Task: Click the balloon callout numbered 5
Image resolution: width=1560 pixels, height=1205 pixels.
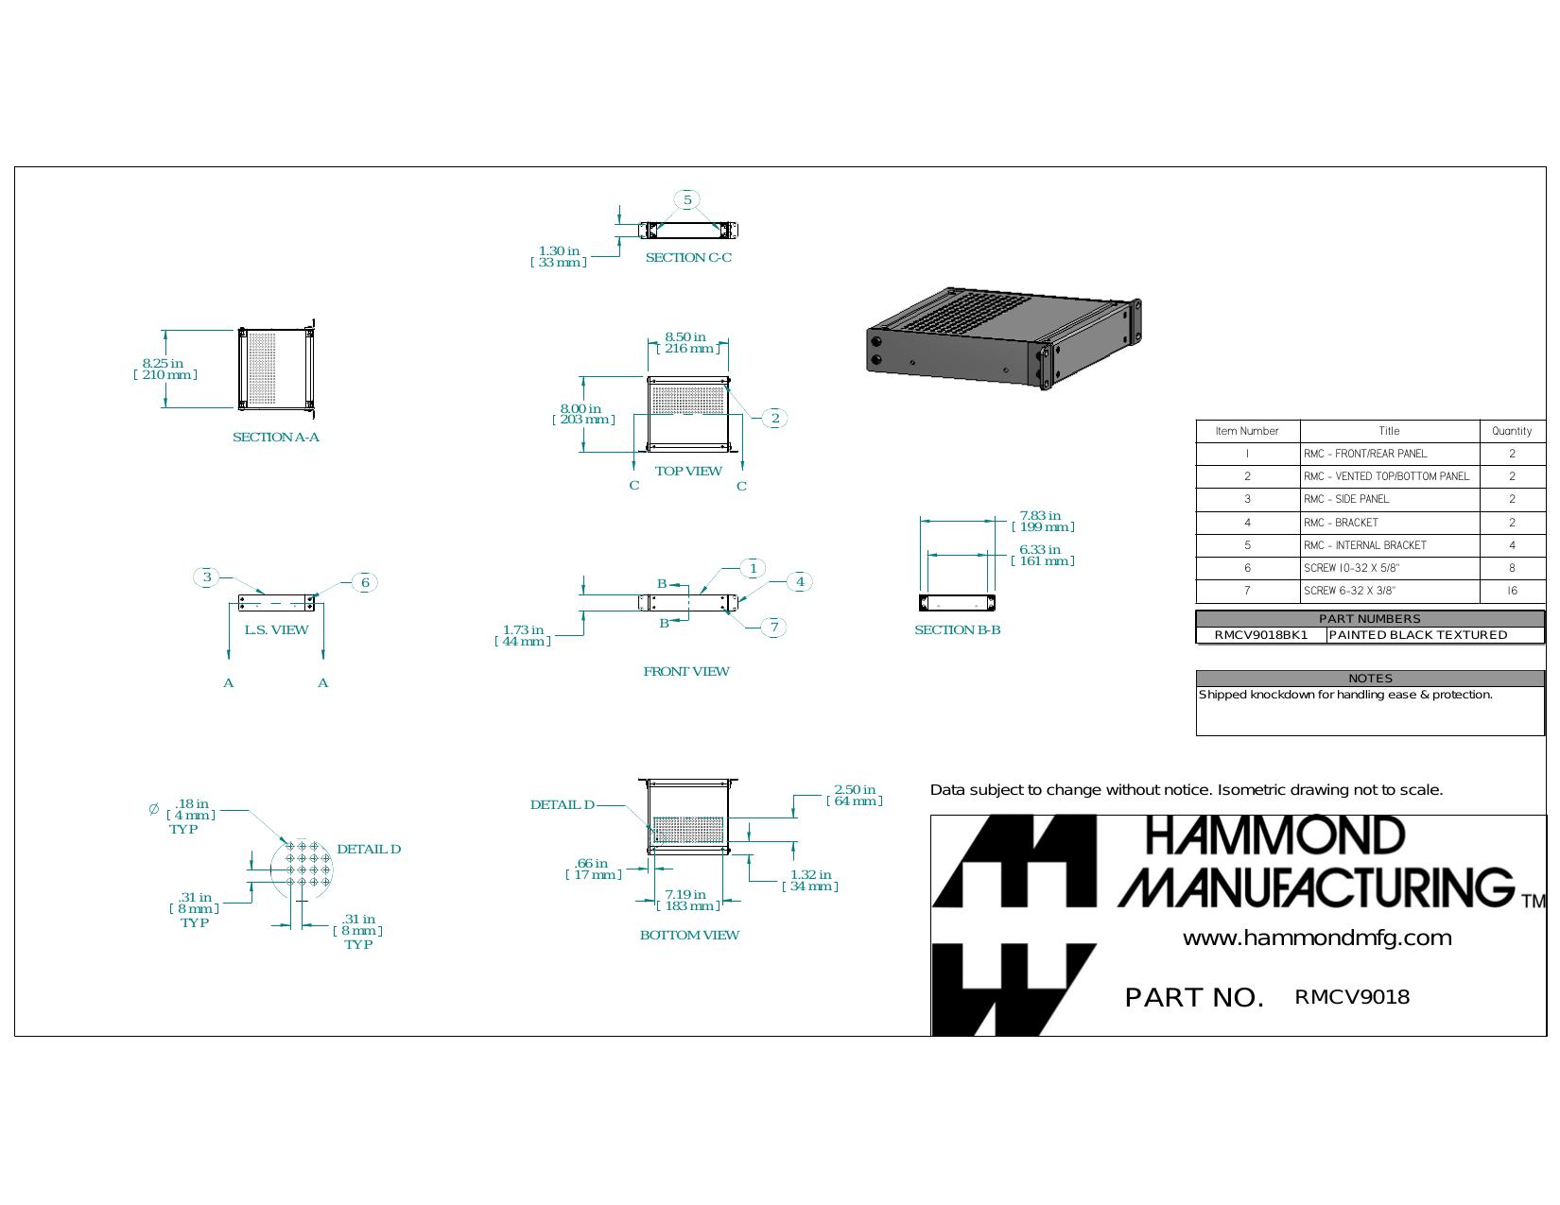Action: [x=687, y=199]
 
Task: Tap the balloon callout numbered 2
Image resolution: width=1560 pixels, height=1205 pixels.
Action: [x=774, y=419]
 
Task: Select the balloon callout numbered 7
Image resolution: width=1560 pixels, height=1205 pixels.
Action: [x=774, y=628]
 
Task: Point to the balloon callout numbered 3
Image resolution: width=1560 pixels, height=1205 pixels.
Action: [x=207, y=577]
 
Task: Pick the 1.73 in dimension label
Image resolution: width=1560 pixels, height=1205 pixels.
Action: [x=523, y=635]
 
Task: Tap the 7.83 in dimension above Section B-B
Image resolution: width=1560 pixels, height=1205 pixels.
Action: [x=1043, y=521]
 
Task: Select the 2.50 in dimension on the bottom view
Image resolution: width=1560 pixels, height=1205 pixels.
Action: [x=855, y=795]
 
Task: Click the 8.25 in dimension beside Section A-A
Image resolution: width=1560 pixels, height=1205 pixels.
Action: [x=165, y=369]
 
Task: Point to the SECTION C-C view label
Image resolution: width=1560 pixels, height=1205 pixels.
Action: [x=688, y=258]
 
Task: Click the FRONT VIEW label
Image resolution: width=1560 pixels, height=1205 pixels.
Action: [x=685, y=672]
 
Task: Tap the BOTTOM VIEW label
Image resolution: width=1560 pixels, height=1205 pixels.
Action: [x=689, y=935]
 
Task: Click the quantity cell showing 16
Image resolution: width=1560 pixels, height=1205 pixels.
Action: [x=1512, y=591]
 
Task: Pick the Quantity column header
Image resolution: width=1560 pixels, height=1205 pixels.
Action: [x=1512, y=431]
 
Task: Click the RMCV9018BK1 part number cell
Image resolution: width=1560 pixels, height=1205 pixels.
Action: [x=1260, y=635]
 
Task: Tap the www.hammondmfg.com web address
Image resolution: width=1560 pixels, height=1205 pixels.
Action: [x=1317, y=938]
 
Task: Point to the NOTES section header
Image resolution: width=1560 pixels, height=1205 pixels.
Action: [x=1370, y=679]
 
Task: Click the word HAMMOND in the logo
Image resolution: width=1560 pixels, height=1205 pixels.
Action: [x=1274, y=835]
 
